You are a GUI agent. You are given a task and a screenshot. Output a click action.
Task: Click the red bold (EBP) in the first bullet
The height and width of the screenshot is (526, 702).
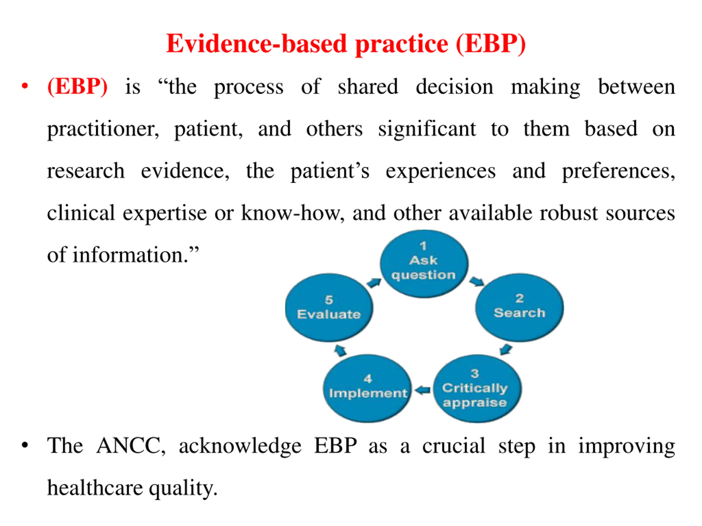point(77,86)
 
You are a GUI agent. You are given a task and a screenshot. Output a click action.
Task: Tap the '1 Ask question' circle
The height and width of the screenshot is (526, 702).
point(424,264)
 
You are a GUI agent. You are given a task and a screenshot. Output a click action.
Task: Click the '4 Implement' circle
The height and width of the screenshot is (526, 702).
point(367,389)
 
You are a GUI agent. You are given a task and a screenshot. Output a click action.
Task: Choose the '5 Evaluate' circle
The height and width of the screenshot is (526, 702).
point(329,308)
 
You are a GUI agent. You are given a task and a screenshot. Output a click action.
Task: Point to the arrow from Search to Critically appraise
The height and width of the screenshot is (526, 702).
point(506,349)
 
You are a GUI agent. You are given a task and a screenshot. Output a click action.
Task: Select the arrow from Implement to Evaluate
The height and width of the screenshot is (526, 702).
point(341,350)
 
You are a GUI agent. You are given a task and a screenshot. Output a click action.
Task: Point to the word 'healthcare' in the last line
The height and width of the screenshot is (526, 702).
point(95,488)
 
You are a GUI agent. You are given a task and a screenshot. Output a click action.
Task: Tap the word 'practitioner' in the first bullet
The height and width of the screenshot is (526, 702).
point(103,129)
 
